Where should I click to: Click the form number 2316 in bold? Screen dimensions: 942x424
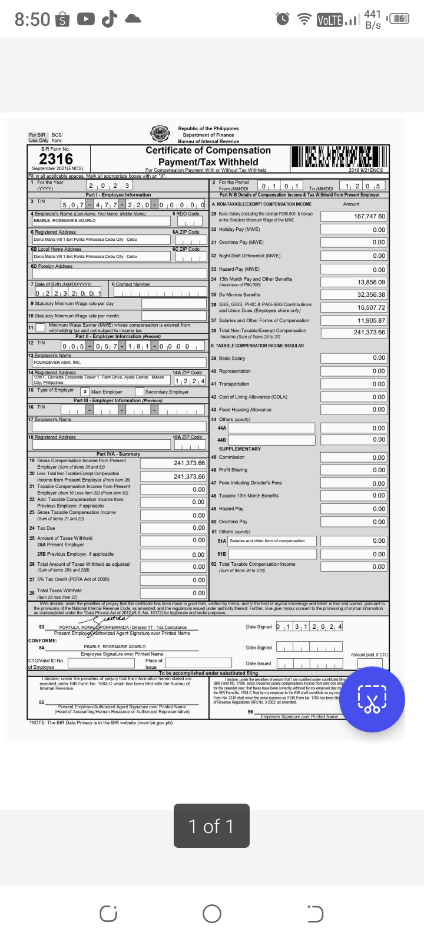pyautogui.click(x=56, y=159)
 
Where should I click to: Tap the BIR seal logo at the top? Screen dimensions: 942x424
pyautogui.click(x=160, y=134)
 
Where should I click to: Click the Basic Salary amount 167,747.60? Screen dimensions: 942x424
pyautogui.click(x=354, y=216)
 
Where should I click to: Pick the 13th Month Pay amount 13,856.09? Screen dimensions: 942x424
pyautogui.click(x=354, y=283)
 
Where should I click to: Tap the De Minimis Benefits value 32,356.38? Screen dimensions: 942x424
pyautogui.click(x=354, y=294)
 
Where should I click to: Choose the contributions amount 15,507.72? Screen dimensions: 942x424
pyautogui.click(x=354, y=307)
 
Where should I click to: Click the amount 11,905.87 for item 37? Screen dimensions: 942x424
pyautogui.click(x=354, y=320)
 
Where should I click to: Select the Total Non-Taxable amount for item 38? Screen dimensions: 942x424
pyautogui.click(x=354, y=333)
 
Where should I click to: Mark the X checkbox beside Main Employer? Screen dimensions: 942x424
pyautogui.click(x=85, y=392)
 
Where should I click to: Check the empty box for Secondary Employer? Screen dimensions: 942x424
pyautogui.click(x=139, y=392)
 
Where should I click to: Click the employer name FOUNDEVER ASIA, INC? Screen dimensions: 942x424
pyautogui.click(x=57, y=362)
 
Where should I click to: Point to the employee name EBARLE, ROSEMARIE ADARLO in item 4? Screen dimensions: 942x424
pyautogui.click(x=65, y=220)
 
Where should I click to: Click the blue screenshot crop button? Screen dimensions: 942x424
pyautogui.click(x=372, y=699)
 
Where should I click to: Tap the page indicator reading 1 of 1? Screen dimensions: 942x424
pyautogui.click(x=211, y=826)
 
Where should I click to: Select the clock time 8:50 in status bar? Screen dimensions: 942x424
pyautogui.click(x=32, y=19)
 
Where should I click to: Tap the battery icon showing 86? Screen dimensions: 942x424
pyautogui.click(x=399, y=19)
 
